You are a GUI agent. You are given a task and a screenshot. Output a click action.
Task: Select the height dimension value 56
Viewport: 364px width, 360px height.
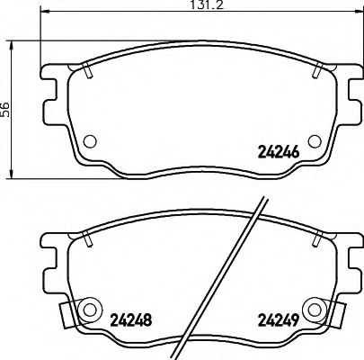tap(7, 108)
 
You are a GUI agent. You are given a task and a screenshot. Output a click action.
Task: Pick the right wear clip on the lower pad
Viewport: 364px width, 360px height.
tap(341, 315)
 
